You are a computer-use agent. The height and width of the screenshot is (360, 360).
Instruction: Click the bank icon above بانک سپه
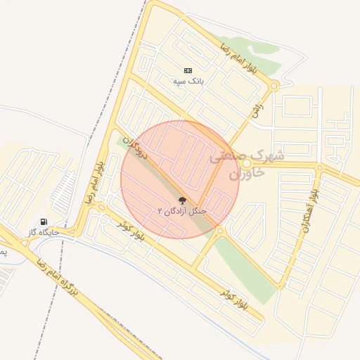click(188, 70)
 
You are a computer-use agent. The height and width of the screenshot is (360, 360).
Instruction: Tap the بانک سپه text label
click(188, 81)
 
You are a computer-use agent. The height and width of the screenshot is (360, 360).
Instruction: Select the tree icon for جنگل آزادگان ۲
click(183, 200)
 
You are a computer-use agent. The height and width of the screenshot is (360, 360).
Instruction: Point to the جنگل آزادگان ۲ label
click(173, 210)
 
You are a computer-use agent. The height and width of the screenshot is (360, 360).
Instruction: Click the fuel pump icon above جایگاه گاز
click(44, 221)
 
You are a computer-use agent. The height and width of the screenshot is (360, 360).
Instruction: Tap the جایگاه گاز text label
click(44, 231)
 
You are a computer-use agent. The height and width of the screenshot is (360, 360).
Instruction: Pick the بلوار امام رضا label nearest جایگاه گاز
click(93, 181)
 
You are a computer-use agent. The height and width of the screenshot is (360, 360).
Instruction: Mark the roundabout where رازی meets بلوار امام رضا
click(274, 86)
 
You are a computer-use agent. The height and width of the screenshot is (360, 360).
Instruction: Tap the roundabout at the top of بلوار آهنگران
click(320, 168)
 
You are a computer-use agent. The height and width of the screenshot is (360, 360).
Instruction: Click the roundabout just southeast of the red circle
click(220, 231)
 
